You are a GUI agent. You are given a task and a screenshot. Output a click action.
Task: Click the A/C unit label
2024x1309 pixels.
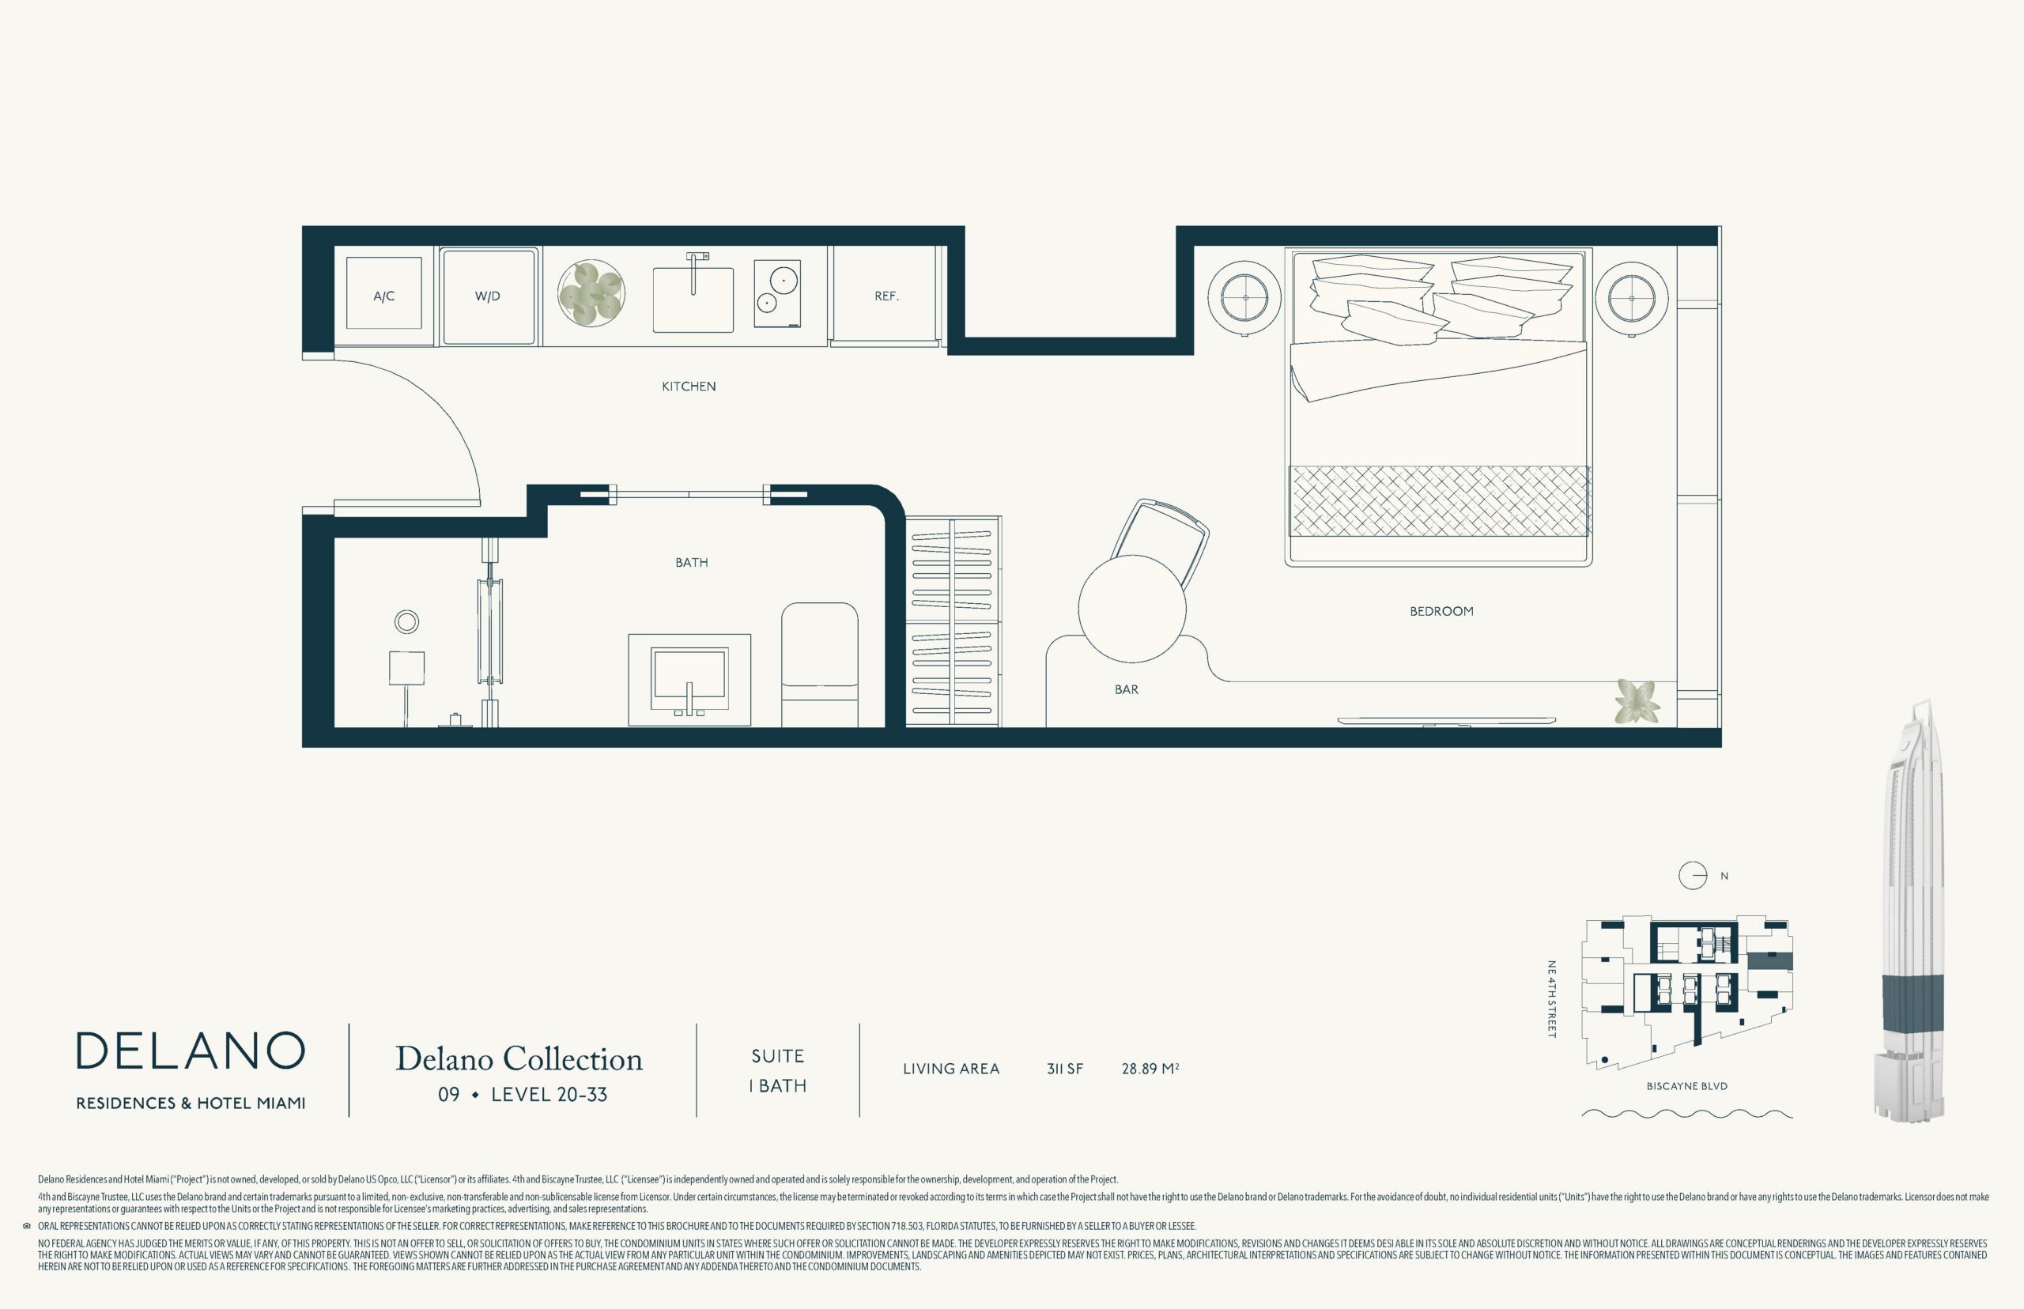384,296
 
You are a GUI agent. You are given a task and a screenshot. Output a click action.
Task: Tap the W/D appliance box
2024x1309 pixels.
489,296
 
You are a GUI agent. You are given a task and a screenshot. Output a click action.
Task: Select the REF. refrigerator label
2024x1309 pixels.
886,296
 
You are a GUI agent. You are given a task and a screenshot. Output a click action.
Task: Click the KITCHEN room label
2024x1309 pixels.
689,387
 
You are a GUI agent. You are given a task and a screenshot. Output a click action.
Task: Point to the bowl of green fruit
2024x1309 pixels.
591,293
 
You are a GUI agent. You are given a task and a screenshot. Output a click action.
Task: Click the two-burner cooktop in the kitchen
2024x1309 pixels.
777,294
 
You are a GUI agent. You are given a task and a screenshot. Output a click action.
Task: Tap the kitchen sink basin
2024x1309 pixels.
693,300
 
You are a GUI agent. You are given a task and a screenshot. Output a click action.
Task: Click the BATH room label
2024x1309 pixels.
692,563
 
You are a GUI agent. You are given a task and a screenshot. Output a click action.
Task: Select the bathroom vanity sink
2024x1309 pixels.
689,679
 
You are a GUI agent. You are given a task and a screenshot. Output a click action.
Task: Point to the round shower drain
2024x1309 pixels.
406,622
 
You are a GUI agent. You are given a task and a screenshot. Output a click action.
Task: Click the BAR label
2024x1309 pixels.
1127,690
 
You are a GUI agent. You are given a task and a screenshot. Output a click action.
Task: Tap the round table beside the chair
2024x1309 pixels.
1131,609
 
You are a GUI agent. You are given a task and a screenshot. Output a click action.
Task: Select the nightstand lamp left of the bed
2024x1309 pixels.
1245,298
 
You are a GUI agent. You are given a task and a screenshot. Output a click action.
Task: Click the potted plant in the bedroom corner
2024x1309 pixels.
1637,701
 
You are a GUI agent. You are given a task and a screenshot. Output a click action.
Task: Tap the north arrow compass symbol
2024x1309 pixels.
1693,877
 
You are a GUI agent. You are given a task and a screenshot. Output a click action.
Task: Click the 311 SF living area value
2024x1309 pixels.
1065,1069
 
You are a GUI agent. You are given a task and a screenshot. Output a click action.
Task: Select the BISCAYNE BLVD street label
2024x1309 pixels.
1686,1086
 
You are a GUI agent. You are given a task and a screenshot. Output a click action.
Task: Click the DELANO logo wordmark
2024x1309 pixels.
191,1051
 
